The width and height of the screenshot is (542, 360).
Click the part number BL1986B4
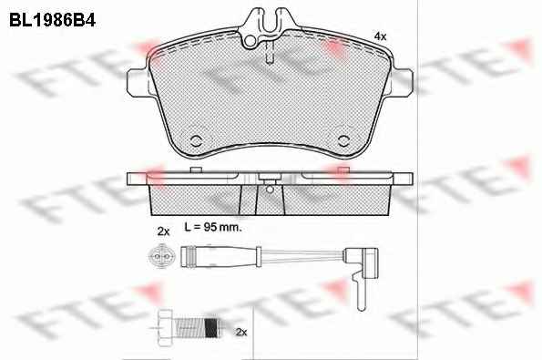(52, 20)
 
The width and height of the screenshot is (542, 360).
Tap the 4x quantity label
(381, 36)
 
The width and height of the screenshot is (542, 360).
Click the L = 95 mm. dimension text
(213, 227)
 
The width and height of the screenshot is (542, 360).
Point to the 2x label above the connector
(163, 231)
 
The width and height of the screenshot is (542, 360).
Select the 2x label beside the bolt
(241, 333)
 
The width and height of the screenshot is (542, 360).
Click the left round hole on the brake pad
(196, 140)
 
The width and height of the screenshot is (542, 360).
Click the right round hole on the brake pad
(344, 140)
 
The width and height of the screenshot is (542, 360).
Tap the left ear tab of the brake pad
(138, 83)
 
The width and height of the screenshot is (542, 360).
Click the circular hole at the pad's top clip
(250, 41)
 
